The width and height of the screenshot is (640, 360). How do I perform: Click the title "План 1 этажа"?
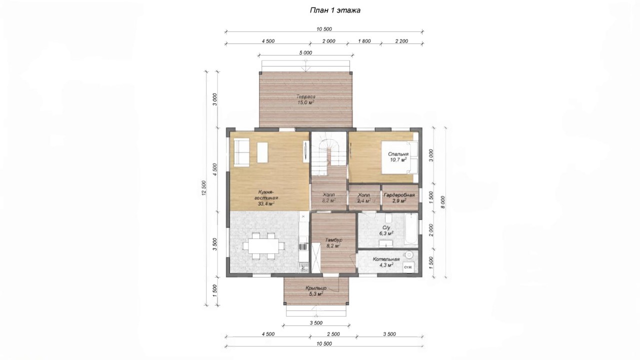(x=335, y=10)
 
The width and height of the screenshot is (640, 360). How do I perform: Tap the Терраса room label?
(x=305, y=99)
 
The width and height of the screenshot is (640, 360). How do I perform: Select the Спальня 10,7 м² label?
(x=398, y=157)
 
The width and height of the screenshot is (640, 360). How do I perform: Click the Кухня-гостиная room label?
(x=266, y=197)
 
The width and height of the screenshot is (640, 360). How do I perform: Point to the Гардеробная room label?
(x=399, y=197)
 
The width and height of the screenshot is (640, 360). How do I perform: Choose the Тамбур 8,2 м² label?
(x=333, y=243)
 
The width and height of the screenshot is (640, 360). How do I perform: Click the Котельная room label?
(x=386, y=262)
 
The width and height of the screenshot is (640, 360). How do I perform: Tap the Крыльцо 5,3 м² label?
(x=316, y=291)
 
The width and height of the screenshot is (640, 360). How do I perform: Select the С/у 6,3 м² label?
(x=386, y=230)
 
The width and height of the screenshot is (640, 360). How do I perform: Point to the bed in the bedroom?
(x=400, y=157)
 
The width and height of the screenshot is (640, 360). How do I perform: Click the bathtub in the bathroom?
(x=411, y=229)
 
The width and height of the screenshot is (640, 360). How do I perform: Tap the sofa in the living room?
(x=241, y=152)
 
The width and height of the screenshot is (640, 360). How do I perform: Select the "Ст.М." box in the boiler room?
(x=408, y=267)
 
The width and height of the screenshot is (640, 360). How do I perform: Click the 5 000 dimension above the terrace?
(x=305, y=52)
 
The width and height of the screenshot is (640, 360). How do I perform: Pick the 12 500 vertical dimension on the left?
(x=204, y=188)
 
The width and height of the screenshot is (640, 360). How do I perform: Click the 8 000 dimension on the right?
(x=442, y=202)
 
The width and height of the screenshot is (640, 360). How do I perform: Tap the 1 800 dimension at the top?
(x=364, y=41)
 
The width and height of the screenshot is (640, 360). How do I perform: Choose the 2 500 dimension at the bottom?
(x=333, y=334)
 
